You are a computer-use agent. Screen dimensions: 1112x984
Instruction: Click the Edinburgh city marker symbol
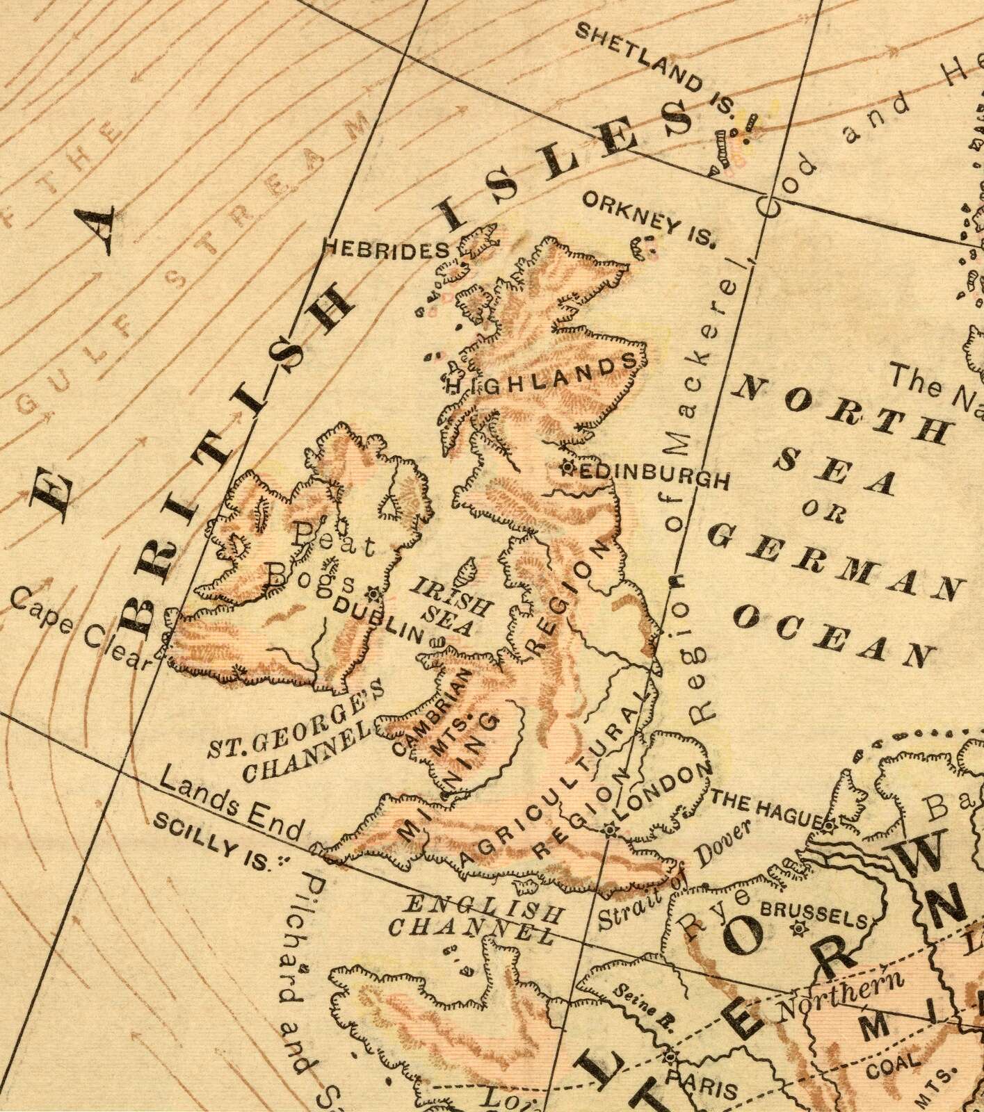(568, 468)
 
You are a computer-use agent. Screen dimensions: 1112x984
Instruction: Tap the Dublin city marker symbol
(373, 594)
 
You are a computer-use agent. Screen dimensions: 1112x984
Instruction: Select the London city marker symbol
(610, 829)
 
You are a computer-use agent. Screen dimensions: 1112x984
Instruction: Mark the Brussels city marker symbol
(798, 927)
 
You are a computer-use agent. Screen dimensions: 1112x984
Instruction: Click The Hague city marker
(829, 826)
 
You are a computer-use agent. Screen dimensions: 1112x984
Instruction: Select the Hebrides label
(387, 250)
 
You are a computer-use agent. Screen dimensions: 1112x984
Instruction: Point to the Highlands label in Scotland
(541, 374)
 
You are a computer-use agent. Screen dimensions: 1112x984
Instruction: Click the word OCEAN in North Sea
(834, 633)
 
